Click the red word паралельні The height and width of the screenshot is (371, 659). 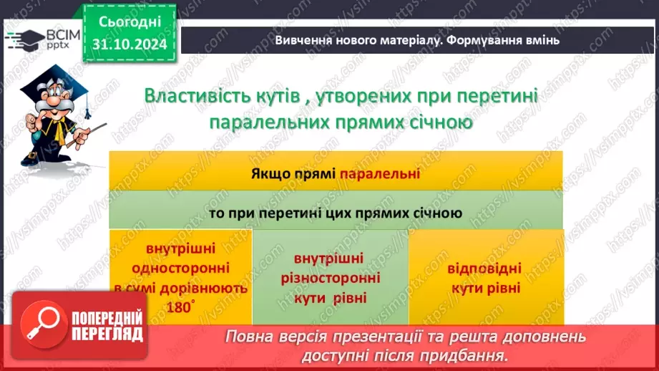pos(379,173)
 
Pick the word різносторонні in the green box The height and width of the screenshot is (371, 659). pos(330,277)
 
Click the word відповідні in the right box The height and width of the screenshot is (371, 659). pos(484,270)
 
